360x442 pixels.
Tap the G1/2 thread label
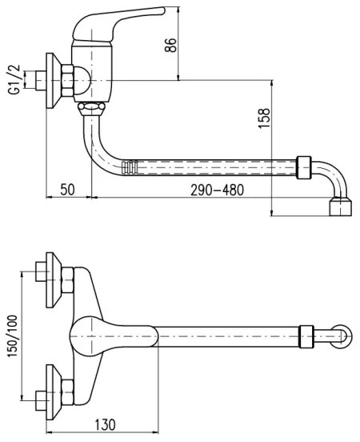point(14,81)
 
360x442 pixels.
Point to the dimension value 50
point(68,190)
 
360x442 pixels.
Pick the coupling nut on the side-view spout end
point(304,167)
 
